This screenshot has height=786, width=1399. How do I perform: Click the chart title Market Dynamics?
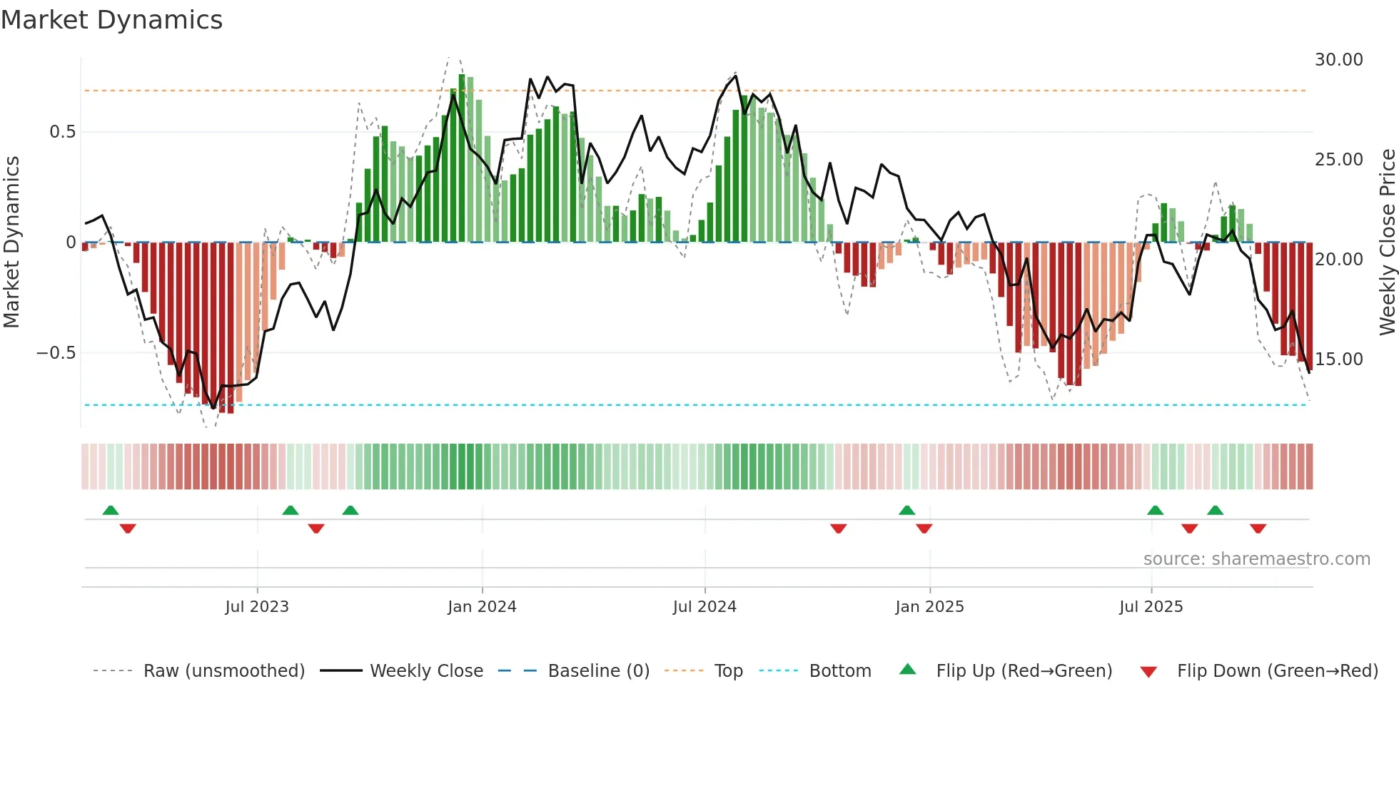(x=111, y=20)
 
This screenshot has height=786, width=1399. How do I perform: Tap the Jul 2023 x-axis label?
(x=257, y=607)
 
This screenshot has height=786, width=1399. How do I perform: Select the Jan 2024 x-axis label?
(x=482, y=607)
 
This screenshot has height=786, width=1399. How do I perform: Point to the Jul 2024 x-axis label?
(x=704, y=607)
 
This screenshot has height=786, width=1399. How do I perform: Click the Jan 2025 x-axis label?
(x=929, y=607)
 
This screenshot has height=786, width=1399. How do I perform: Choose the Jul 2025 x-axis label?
(x=1151, y=607)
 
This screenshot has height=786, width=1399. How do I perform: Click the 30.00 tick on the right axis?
(x=1338, y=60)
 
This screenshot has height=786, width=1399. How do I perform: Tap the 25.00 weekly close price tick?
(x=1338, y=160)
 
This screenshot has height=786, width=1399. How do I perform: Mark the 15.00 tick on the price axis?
(x=1338, y=359)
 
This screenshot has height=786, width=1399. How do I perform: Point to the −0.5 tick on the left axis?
(x=56, y=353)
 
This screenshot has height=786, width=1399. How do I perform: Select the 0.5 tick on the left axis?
(x=62, y=132)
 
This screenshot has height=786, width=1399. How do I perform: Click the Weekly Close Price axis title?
(x=1387, y=243)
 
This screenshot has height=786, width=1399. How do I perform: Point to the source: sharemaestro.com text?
(x=1256, y=559)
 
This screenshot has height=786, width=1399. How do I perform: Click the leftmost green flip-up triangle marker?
(x=111, y=510)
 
